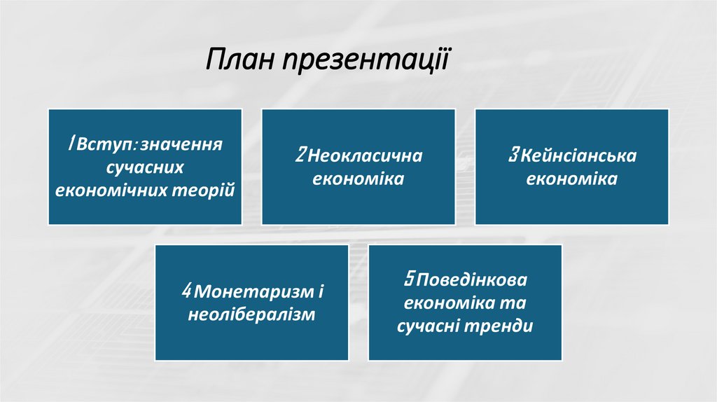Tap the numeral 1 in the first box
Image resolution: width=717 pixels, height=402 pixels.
[71, 144]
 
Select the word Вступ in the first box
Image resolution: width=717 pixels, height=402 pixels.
[104, 145]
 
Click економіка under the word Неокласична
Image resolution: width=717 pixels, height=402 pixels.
[358, 179]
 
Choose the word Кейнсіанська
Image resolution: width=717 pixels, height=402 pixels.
[578, 155]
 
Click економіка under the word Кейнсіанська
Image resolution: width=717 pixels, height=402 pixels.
[571, 179]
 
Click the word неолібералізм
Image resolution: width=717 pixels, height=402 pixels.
[251, 314]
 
